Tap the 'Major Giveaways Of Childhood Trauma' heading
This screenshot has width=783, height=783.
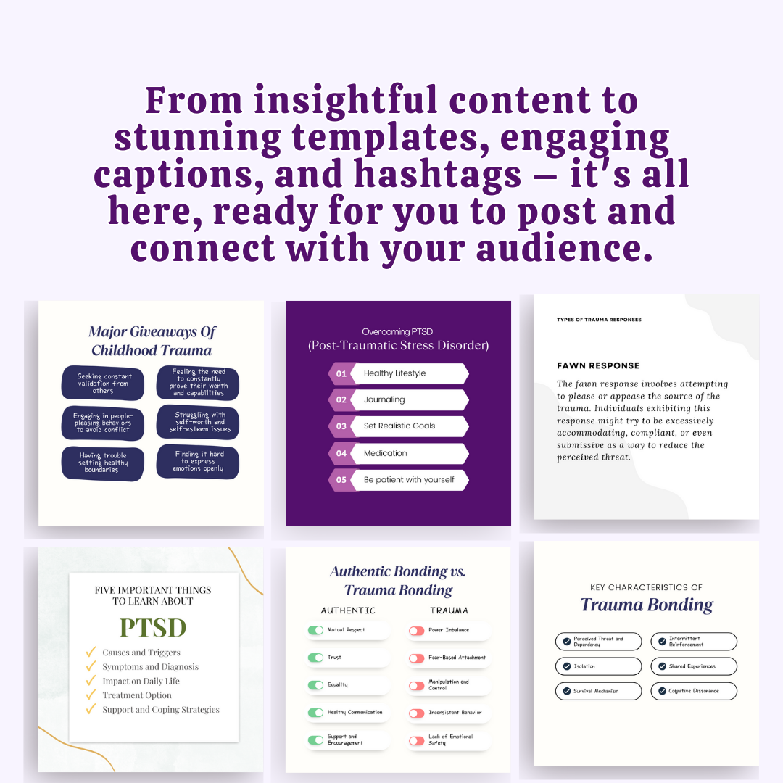(152, 341)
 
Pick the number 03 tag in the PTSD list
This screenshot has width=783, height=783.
(341, 426)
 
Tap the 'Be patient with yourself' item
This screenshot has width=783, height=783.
(410, 480)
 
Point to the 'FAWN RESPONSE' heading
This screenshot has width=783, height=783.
(598, 365)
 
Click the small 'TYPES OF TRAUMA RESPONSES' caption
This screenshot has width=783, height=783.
(599, 319)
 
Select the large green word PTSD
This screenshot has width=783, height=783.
(153, 627)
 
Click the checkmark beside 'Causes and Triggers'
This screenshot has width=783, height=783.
(91, 652)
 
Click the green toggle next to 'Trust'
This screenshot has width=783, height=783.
(315, 658)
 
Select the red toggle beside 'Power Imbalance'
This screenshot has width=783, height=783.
(416, 631)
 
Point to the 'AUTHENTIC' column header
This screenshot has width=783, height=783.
(348, 610)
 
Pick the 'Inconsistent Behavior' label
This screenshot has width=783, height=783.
(455, 713)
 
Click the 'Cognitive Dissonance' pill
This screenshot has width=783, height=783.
(693, 691)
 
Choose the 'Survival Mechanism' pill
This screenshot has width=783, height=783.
(598, 691)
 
